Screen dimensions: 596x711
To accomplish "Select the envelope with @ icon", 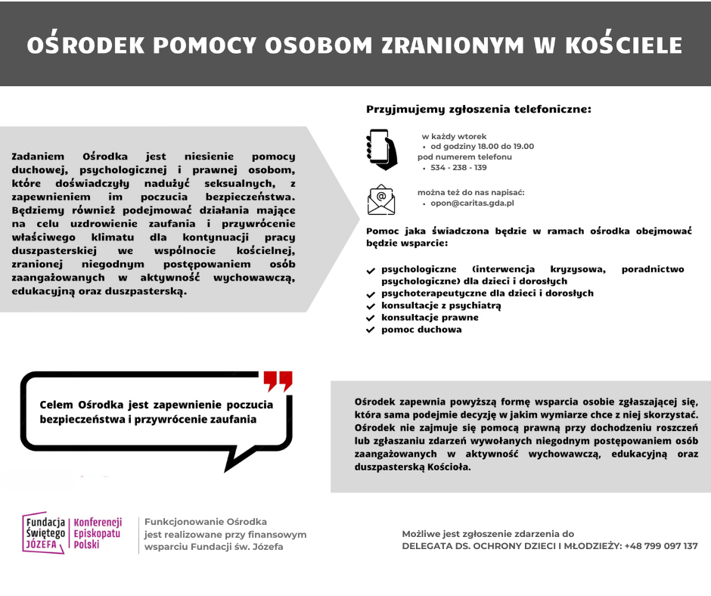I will click(x=381, y=200).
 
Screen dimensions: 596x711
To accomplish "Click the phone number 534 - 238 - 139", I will click(x=458, y=167).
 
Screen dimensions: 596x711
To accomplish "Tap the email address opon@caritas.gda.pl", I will click(x=473, y=203).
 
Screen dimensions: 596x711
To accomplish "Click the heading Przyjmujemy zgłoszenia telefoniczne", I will click(x=478, y=110).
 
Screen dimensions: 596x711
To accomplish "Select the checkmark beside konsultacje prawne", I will click(x=371, y=318).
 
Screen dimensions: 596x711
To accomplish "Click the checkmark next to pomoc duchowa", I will click(x=371, y=331).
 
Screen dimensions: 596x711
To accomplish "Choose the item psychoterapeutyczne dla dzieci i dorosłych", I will click(x=487, y=293).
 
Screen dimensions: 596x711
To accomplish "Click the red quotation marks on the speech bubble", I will click(x=278, y=380).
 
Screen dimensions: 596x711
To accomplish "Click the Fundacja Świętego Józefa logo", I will click(x=45, y=532).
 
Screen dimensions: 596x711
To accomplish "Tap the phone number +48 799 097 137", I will click(x=661, y=545).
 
